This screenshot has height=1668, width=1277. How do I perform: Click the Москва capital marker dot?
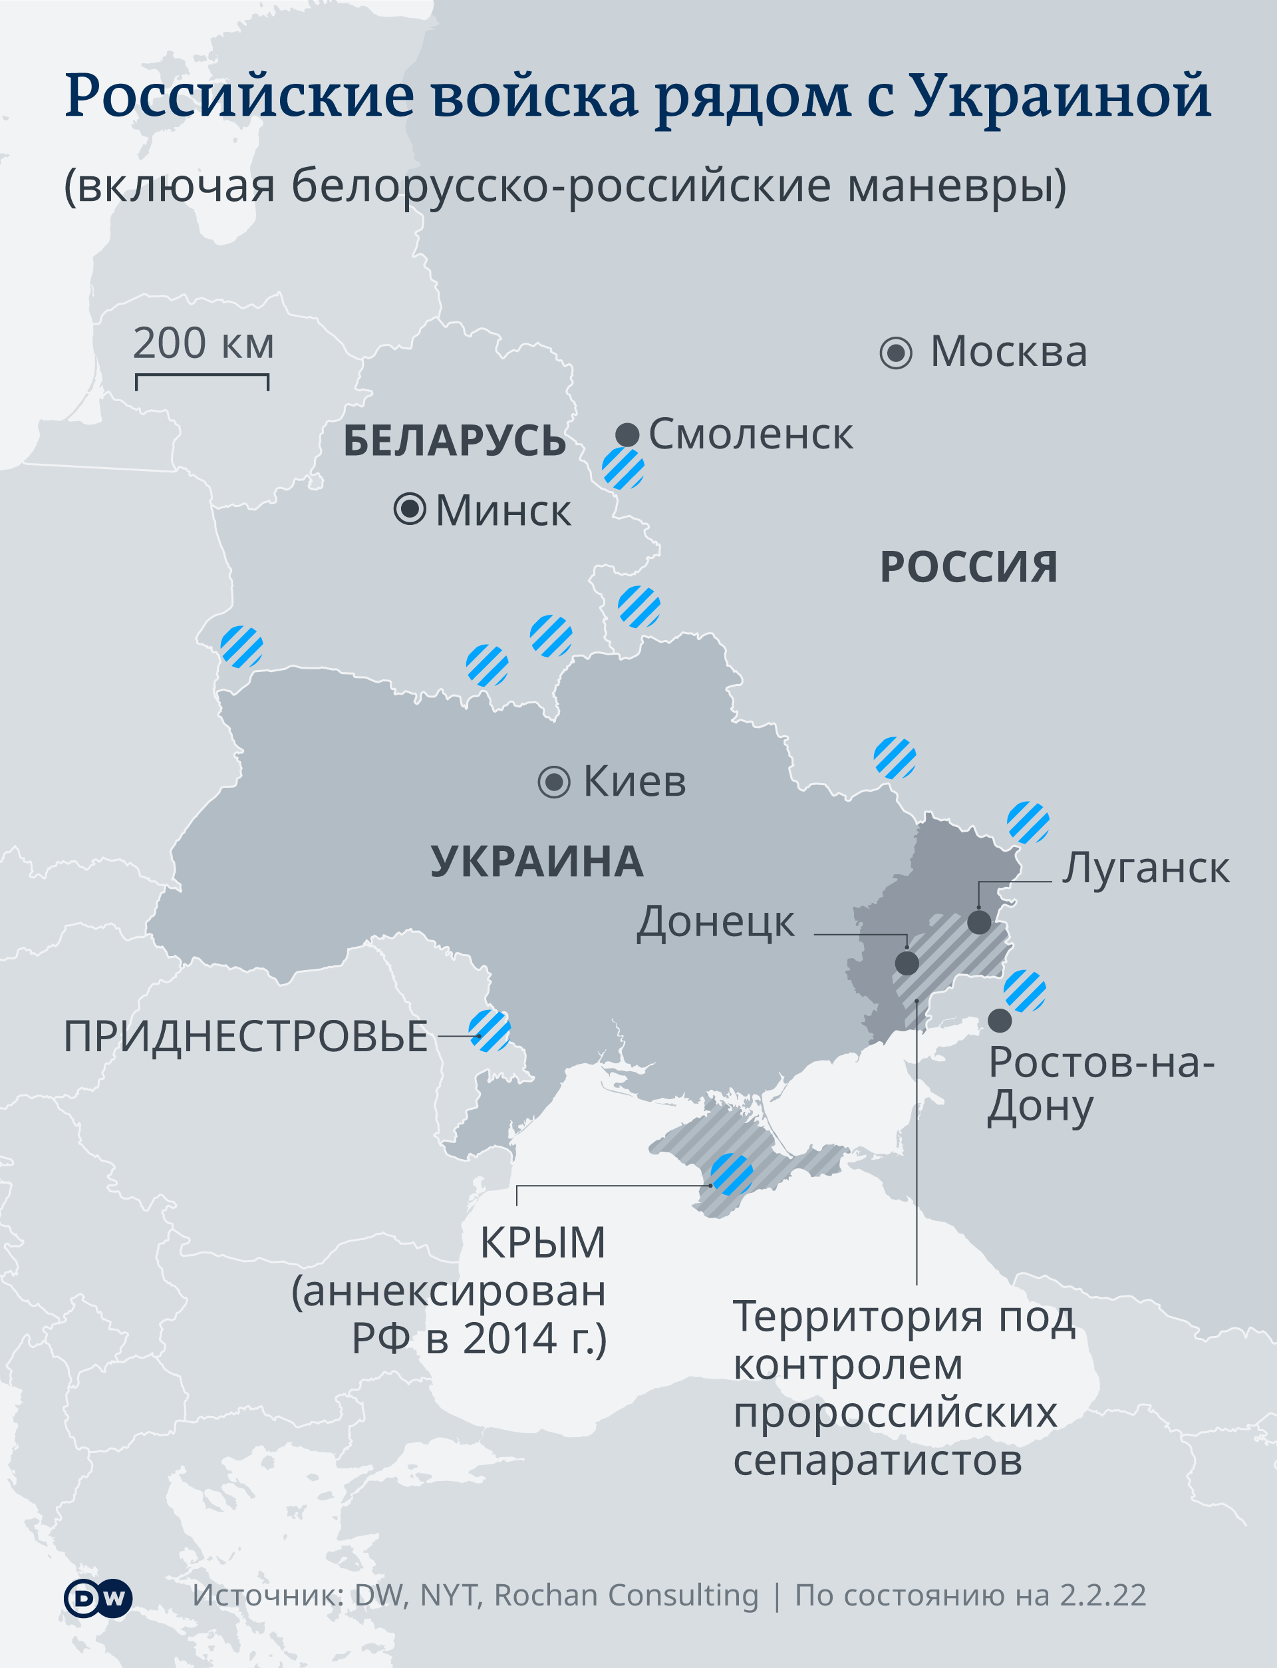[895, 353]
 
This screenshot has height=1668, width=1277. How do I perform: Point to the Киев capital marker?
[554, 782]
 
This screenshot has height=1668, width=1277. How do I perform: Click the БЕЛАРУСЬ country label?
[454, 441]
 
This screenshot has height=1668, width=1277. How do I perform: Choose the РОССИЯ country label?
[968, 567]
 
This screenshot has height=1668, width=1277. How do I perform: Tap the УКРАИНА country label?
[537, 862]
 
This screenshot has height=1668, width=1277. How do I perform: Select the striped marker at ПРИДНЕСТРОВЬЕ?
[490, 1031]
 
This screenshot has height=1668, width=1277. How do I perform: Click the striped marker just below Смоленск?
[623, 468]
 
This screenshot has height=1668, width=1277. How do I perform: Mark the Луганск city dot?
[979, 922]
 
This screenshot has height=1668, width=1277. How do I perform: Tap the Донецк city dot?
[907, 963]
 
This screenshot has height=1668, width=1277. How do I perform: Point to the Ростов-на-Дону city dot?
[1000, 1020]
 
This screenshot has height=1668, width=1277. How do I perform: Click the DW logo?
[98, 1599]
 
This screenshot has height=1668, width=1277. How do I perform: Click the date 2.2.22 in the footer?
[1103, 1595]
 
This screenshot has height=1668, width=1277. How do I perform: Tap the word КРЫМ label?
[543, 1244]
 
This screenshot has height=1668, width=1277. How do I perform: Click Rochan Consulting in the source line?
[627, 1595]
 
